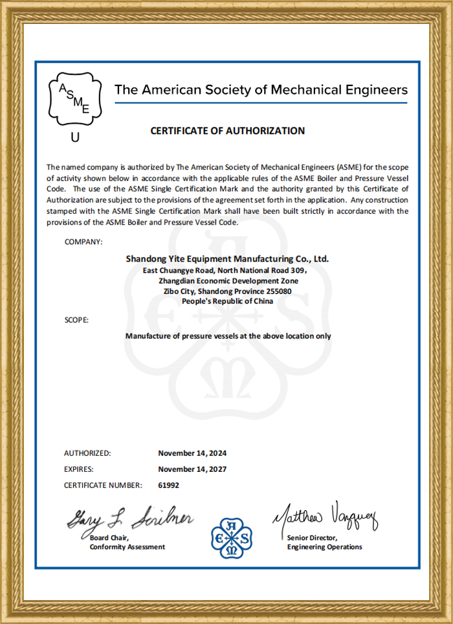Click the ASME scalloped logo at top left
click(76, 100)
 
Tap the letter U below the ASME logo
click(76, 137)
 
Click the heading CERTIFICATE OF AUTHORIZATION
click(227, 131)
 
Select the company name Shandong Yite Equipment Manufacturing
click(227, 258)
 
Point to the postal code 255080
click(278, 291)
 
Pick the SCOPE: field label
click(76, 320)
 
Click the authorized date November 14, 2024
click(192, 453)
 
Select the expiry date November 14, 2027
click(192, 469)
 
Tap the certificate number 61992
click(168, 485)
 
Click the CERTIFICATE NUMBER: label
click(103, 485)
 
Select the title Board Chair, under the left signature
click(109, 538)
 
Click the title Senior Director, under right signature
click(312, 538)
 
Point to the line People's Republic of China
click(227, 301)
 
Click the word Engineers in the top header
click(375, 89)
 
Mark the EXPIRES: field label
click(78, 469)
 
